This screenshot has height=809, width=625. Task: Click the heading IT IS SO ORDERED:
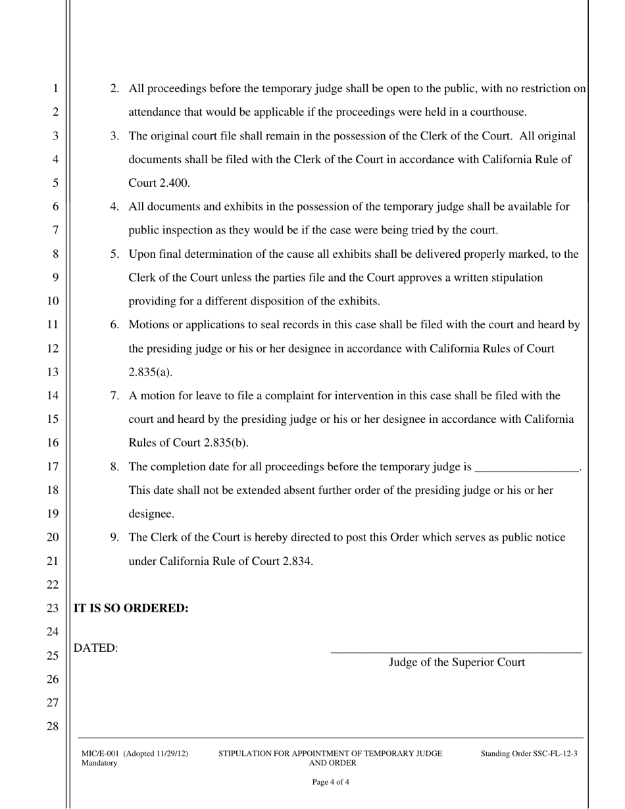131,608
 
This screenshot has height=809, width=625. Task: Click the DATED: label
96,649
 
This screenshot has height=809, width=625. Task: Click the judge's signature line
456,652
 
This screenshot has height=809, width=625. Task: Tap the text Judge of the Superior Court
457,662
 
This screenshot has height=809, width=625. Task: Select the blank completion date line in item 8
526,468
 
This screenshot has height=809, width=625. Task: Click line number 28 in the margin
53,727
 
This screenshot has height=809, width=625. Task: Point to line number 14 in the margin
53,395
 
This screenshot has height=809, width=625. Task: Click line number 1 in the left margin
55,89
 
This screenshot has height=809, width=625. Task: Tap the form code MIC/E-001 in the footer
100,754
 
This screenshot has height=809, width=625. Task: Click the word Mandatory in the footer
99,764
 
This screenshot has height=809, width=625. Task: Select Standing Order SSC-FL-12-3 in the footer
529,754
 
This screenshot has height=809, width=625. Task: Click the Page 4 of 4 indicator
330,783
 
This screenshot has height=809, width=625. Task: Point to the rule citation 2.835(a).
150,372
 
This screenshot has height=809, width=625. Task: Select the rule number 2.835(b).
226,443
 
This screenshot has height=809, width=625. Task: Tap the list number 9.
114,537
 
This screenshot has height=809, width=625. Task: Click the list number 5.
114,254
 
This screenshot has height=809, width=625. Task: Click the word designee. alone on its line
151,514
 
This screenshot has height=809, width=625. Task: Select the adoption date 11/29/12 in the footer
170,754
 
